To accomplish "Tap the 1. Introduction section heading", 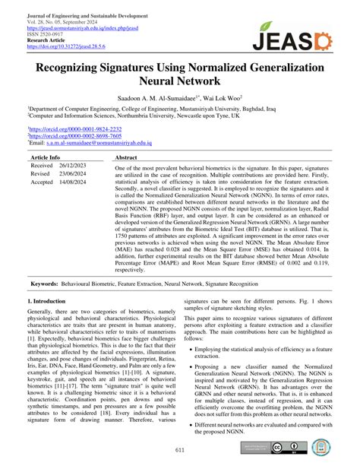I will tap(48, 302).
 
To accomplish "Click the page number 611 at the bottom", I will tap(180, 450).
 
